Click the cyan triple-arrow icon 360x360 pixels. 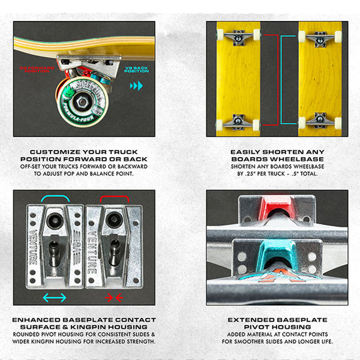pyautogui.click(x=136, y=86)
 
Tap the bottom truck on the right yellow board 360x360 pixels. pyautogui.click(x=320, y=122)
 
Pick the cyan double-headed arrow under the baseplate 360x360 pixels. pyautogui.click(x=55, y=297)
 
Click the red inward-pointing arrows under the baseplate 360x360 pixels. pyautogui.click(x=113, y=297)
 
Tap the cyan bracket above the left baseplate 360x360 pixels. pyautogui.click(x=55, y=198)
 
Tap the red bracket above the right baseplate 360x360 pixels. pyautogui.click(x=113, y=198)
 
